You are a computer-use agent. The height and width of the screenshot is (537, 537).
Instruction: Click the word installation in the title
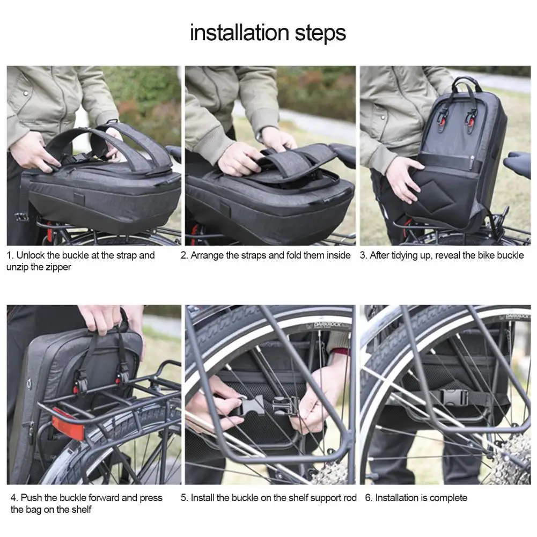point(238,33)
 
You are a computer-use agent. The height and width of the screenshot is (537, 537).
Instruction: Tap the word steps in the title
point(319,33)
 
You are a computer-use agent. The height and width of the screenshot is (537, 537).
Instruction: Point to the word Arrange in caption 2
point(207,255)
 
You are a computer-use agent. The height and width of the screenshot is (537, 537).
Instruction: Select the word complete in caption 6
point(448,498)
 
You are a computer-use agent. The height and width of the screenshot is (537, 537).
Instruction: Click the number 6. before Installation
point(369,498)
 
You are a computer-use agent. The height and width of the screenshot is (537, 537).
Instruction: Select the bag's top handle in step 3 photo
point(465,83)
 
